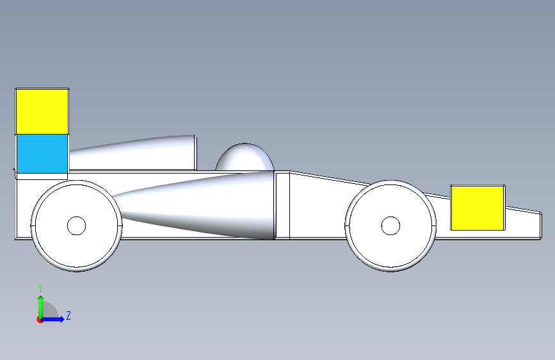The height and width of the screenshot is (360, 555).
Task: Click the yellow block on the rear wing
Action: (42, 111)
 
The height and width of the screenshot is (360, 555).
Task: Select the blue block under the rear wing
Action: (42, 154)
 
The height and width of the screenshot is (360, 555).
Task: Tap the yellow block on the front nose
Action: (478, 208)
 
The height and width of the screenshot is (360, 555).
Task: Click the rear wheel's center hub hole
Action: (76, 225)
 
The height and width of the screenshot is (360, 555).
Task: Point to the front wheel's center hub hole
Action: (390, 225)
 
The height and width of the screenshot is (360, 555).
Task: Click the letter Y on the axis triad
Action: (40, 288)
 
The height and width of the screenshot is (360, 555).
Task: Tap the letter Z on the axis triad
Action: (68, 315)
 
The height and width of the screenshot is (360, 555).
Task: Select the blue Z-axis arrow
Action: (55, 319)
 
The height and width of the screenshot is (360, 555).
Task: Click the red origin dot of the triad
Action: (40, 320)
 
